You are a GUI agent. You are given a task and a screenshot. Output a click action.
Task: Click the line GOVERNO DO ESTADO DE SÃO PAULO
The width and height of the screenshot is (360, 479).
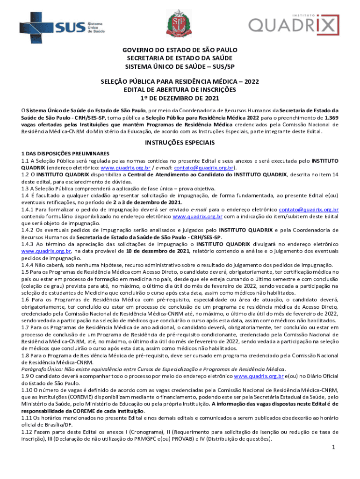point(180,50)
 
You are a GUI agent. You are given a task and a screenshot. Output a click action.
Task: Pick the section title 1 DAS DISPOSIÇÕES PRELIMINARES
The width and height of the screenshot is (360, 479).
point(65,153)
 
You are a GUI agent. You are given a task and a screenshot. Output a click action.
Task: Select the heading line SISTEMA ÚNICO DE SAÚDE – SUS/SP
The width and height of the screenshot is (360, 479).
point(180,65)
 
